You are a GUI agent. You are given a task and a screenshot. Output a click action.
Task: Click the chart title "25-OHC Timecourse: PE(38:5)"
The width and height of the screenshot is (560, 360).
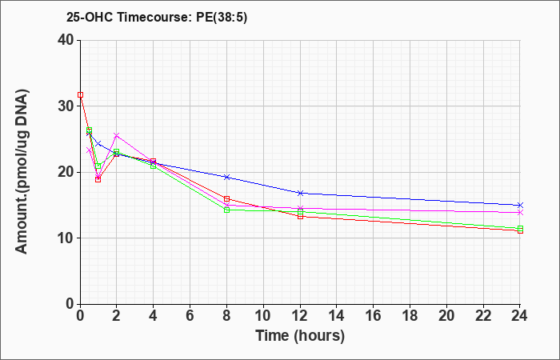pos(157,17)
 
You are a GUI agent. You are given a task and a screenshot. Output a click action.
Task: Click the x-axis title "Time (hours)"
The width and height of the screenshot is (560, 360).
pos(300,336)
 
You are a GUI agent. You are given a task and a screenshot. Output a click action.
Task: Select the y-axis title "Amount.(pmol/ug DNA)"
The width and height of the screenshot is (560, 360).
pos(22,171)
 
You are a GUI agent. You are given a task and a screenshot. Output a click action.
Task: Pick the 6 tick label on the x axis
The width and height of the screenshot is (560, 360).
pos(190,316)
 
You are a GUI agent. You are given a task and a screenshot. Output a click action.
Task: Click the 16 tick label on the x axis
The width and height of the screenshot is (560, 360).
pos(374,316)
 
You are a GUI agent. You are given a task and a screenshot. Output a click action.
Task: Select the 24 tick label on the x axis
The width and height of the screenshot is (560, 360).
pos(520,316)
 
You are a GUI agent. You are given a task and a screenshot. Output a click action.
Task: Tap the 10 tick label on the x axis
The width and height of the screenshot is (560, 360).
pos(263,316)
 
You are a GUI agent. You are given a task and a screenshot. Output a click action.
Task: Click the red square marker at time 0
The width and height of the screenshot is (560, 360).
pos(80,94)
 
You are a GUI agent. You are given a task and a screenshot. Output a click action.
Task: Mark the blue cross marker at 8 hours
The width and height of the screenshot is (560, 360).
pos(226,177)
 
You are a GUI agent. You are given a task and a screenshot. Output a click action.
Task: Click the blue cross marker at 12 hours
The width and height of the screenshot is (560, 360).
pos(300,193)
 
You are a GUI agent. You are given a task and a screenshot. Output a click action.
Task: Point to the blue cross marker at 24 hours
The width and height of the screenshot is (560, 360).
pos(520,205)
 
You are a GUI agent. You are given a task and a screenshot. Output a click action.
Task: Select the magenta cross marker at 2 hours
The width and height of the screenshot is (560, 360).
pos(117,135)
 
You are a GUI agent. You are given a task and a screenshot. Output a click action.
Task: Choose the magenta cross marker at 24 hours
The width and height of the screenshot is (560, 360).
pos(520,212)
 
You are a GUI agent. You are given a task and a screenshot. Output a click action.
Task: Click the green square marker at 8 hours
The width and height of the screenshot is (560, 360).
pos(226,210)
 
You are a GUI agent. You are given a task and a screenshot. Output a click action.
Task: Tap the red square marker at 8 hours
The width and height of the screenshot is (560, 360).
pos(226,199)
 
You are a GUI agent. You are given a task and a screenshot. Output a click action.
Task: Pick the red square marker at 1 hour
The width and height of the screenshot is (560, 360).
pos(98,179)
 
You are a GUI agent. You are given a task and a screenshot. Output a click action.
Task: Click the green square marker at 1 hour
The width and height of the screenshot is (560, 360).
pos(98,166)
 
